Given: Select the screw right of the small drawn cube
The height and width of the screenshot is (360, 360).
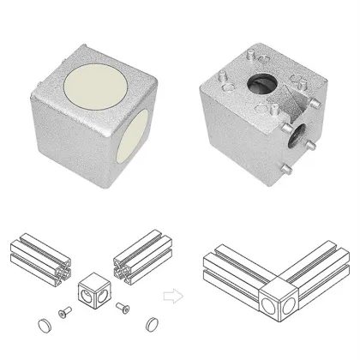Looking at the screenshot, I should pos(124,307).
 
